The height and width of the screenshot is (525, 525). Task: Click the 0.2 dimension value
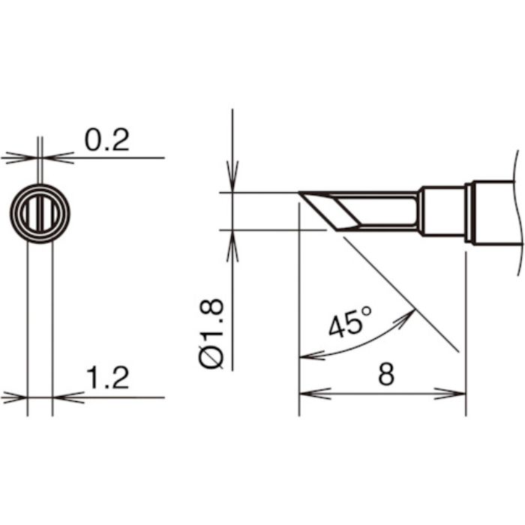[107, 140]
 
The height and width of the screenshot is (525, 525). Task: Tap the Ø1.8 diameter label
[213, 332]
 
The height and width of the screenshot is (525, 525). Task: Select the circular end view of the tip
[40, 213]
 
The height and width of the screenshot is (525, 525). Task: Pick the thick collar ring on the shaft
[469, 212]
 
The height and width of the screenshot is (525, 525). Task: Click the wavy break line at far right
[515, 210]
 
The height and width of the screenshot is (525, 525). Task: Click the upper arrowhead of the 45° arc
[409, 314]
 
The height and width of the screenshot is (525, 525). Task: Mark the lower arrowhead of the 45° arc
[306, 355]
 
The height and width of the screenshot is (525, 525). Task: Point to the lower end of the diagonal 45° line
[458, 351]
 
